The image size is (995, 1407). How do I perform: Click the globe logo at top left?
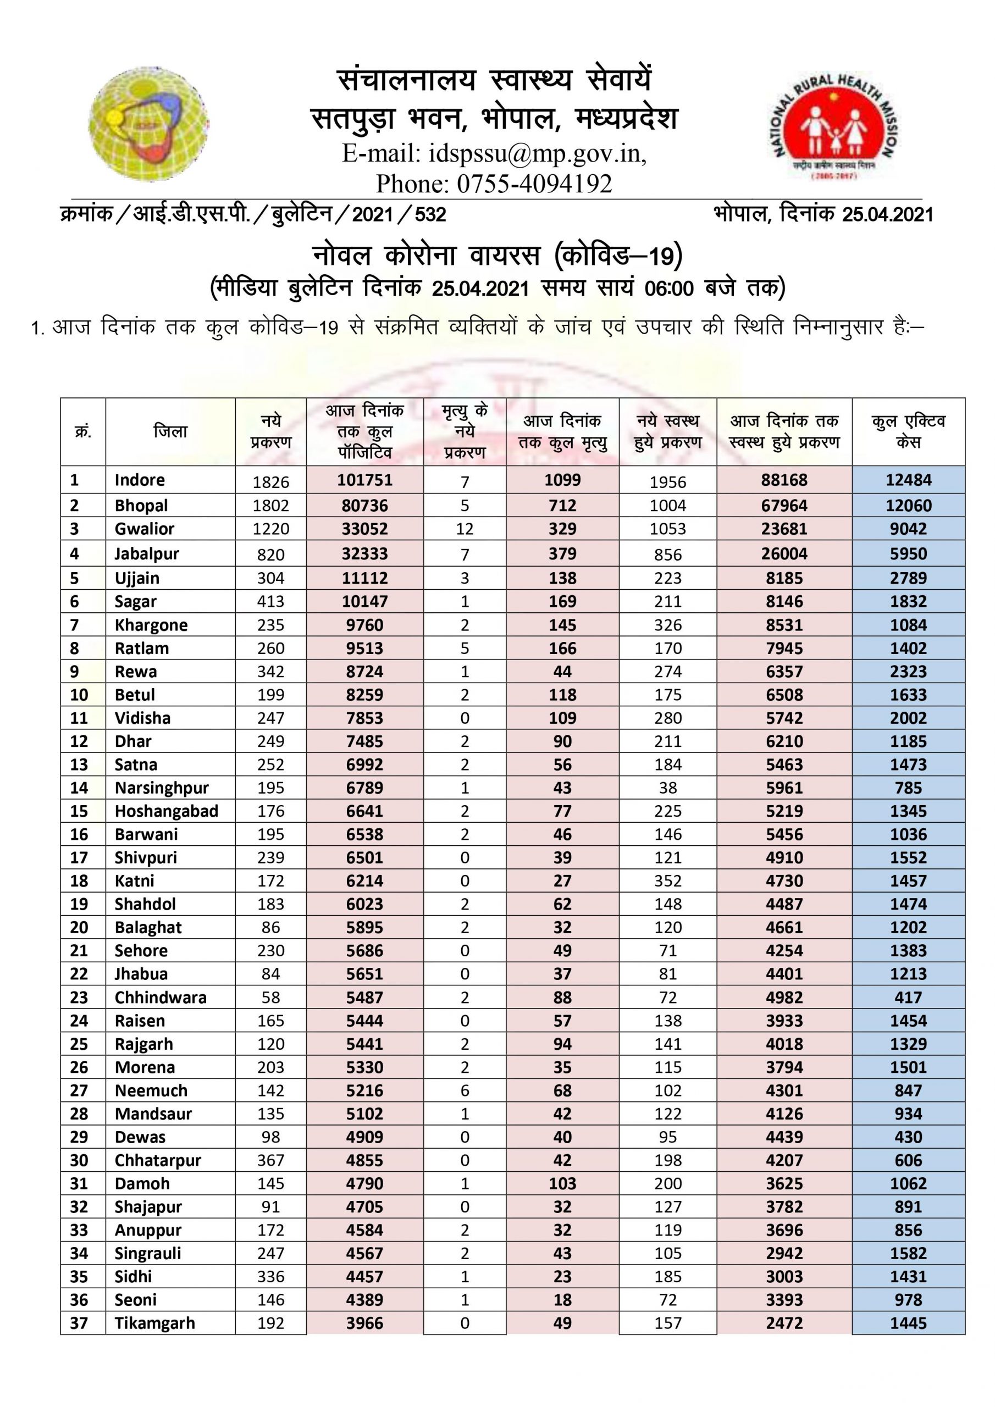pyautogui.click(x=149, y=125)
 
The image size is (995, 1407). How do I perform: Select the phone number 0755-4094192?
pyautogui.click(x=534, y=183)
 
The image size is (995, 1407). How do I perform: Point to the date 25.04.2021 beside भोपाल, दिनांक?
pyautogui.click(x=888, y=214)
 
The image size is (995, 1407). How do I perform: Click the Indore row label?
pyautogui.click(x=140, y=480)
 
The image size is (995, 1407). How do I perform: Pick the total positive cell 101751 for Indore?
pyautogui.click(x=365, y=480)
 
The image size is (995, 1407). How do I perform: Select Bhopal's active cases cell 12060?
pyautogui.click(x=908, y=506)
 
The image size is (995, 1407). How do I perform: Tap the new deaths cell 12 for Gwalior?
pyautogui.click(x=464, y=529)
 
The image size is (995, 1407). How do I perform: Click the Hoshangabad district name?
pyautogui.click(x=166, y=811)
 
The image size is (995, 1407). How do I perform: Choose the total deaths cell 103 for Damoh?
pyautogui.click(x=562, y=1184)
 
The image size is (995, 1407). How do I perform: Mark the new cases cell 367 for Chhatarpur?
pyautogui.click(x=270, y=1161)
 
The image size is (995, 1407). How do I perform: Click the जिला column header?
pyautogui.click(x=170, y=431)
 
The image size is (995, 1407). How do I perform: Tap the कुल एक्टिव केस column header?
pyautogui.click(x=908, y=431)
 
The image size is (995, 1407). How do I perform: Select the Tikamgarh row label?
pyautogui.click(x=154, y=1323)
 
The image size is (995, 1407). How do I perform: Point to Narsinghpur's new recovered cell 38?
pyautogui.click(x=667, y=788)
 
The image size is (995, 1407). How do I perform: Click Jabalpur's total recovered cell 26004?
pyautogui.click(x=784, y=554)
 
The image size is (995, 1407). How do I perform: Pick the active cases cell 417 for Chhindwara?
pyautogui.click(x=908, y=998)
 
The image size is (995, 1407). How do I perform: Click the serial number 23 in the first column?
pyautogui.click(x=79, y=998)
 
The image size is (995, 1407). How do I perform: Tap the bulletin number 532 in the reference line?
pyautogui.click(x=430, y=214)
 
